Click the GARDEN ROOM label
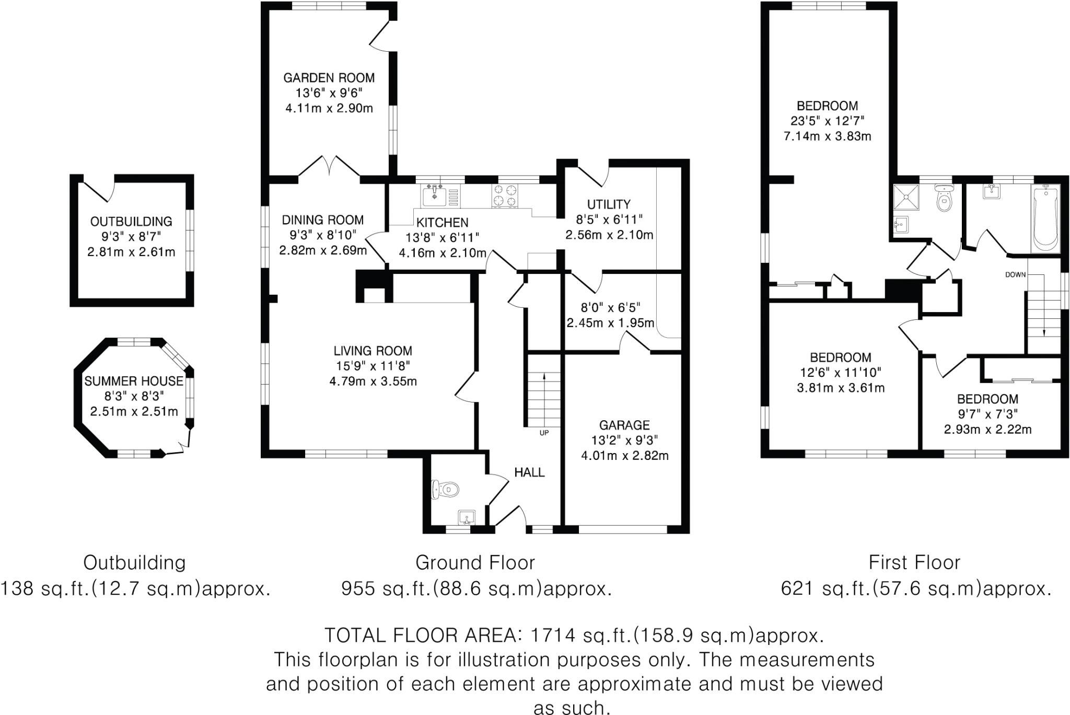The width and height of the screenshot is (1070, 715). click(329, 78)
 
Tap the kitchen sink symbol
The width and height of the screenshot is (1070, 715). click(434, 195)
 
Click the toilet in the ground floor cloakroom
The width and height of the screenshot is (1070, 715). click(445, 490)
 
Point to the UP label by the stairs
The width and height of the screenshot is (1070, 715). click(544, 433)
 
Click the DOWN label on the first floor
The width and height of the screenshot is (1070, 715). click(1016, 274)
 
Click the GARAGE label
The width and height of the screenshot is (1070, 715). click(624, 425)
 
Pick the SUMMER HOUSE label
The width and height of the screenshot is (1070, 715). click(134, 381)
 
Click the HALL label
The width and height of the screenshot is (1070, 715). click(529, 472)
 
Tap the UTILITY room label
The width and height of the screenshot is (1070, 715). click(609, 204)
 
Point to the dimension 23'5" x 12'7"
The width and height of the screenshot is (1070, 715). click(827, 121)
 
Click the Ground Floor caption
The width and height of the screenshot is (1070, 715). click(475, 563)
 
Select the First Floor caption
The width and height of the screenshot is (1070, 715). click(914, 563)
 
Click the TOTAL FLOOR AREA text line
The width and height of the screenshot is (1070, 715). click(574, 636)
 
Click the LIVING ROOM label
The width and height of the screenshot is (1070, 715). click(373, 351)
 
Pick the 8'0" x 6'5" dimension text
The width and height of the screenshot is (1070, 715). click(610, 307)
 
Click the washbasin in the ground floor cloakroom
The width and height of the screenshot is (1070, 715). click(466, 517)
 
